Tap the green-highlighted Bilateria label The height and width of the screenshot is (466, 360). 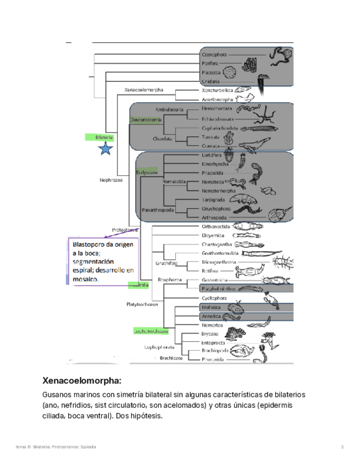[104, 137]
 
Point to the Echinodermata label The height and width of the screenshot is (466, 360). [217, 118]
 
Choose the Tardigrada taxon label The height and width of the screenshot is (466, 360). [214, 199]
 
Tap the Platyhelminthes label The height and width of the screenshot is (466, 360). [219, 288]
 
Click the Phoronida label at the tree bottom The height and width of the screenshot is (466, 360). [212, 359]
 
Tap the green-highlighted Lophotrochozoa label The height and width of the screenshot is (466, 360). [150, 331]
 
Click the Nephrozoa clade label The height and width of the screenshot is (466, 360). [110, 179]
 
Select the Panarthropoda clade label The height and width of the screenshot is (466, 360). [158, 210]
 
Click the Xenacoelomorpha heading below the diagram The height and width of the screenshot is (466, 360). [81, 380]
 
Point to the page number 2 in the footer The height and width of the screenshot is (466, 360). [342, 447]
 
